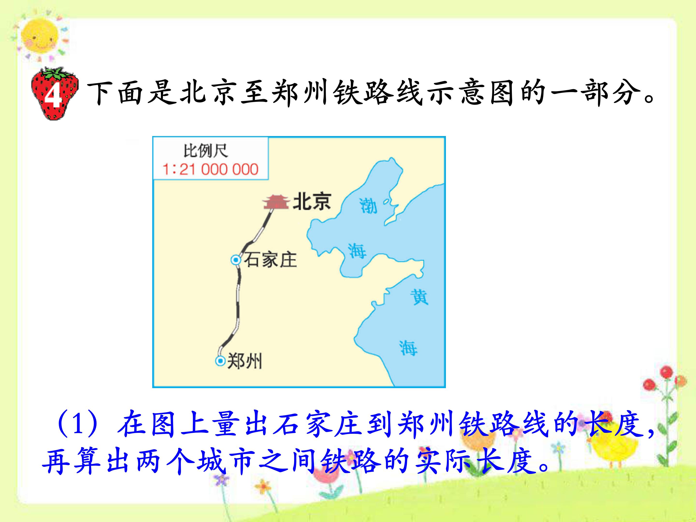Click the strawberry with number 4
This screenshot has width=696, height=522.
tap(54, 94)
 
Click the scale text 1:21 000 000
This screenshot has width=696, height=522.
tap(210, 169)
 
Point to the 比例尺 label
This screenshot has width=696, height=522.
tap(206, 151)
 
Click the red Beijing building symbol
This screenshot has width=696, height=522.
tap(276, 202)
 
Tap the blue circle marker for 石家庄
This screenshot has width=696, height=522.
tap(235, 260)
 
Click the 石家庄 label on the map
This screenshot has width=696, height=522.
tap(270, 260)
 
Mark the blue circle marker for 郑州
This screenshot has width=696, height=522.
tap(220, 361)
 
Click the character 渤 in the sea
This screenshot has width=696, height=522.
tap(368, 206)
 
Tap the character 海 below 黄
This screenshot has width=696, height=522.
tap(408, 348)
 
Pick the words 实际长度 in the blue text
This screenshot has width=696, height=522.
tap(475, 461)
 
